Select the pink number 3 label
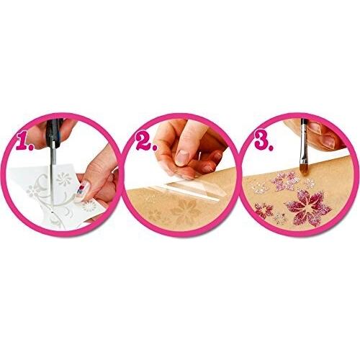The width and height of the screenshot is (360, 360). tap(264, 140)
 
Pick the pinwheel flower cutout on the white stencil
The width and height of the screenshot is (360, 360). tap(64, 179)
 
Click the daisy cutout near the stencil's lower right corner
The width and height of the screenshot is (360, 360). tap(89, 206)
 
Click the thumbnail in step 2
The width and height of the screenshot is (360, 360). tap(182, 158)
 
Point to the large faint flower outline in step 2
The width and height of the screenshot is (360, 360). tap(185, 212)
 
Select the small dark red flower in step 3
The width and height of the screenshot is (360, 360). tap(264, 211)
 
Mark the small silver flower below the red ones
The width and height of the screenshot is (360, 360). tap(280, 219)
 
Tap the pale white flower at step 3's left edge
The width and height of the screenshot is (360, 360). tap(259, 186)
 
